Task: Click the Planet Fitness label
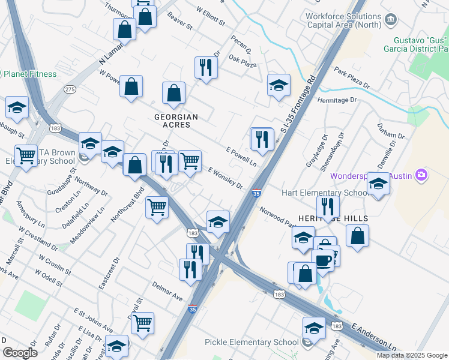30,74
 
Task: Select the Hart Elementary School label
325,193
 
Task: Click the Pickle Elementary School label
252,343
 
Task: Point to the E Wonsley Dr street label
225,178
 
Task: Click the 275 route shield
70,89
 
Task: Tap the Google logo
20,353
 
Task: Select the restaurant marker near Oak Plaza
206,68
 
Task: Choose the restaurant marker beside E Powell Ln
262,139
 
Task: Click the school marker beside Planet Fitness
17,108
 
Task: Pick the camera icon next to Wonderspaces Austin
422,175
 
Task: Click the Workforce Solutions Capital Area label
344,20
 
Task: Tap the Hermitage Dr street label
337,100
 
